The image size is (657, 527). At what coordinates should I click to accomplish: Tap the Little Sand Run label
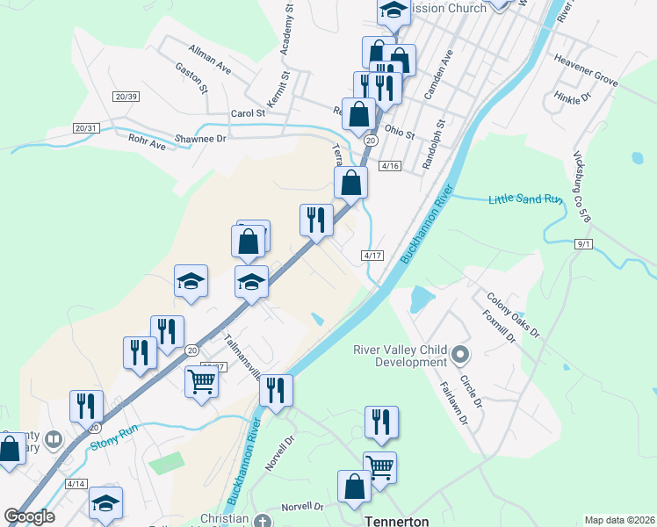524,200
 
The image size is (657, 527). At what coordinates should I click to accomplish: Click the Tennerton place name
395,521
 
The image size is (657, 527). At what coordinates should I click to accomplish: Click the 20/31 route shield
86,128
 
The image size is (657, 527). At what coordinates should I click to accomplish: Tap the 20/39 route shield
126,96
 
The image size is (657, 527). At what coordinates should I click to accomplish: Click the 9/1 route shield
584,243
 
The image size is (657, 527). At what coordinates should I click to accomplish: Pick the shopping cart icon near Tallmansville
201,382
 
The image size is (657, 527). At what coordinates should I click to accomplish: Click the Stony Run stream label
116,439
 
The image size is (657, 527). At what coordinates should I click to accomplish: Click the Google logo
29,516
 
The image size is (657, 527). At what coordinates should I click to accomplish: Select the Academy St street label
285,34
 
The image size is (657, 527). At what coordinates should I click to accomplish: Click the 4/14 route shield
76,484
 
